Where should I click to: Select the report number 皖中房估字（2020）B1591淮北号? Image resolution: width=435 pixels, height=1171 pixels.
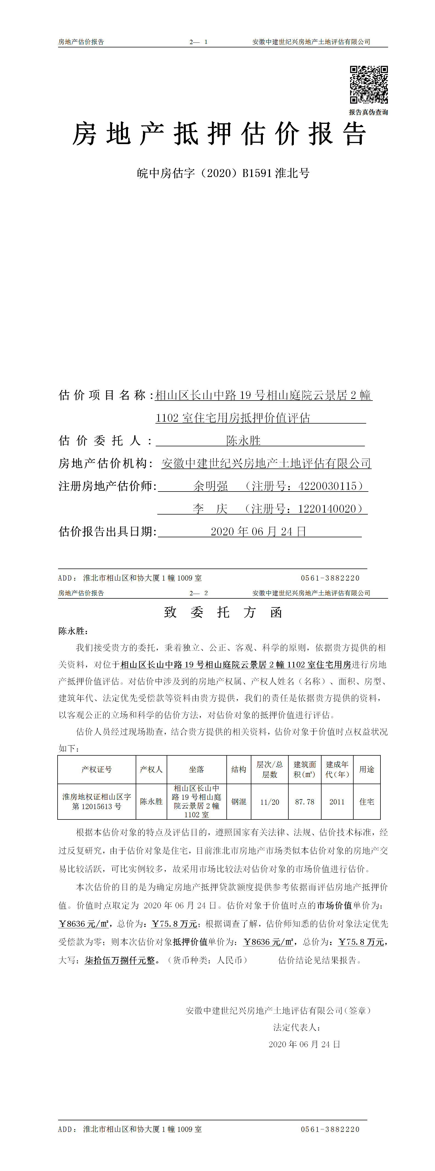click(x=223, y=173)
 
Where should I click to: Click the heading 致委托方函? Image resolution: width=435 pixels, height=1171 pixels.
click(x=223, y=612)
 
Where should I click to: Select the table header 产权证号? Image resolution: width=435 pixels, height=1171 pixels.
click(x=96, y=769)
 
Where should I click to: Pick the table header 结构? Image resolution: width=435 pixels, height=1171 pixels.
click(x=239, y=769)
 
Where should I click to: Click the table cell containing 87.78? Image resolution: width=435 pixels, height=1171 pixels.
click(x=305, y=802)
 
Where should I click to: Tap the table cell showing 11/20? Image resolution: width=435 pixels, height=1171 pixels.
click(x=269, y=802)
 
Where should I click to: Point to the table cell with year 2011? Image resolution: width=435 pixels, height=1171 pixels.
click(x=337, y=802)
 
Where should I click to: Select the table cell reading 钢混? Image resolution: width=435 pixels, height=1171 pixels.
click(x=239, y=802)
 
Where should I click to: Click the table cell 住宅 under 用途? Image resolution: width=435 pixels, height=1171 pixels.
click(x=366, y=802)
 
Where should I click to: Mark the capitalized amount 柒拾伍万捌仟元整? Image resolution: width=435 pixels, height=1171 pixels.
click(x=120, y=960)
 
